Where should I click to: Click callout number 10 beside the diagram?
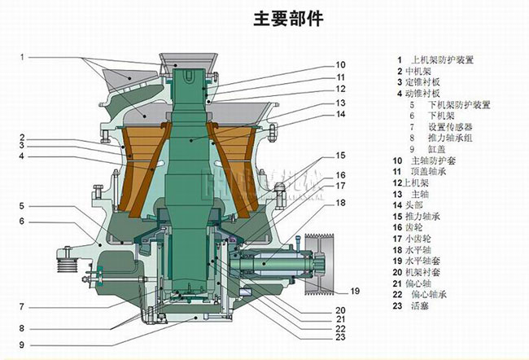[341, 65]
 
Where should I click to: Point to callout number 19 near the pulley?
[354, 291]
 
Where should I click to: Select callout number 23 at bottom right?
[341, 337]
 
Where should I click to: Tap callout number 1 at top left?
[23, 56]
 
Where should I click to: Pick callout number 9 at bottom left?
[23, 345]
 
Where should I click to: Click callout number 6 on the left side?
[23, 222]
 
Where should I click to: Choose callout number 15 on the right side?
[341, 155]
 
